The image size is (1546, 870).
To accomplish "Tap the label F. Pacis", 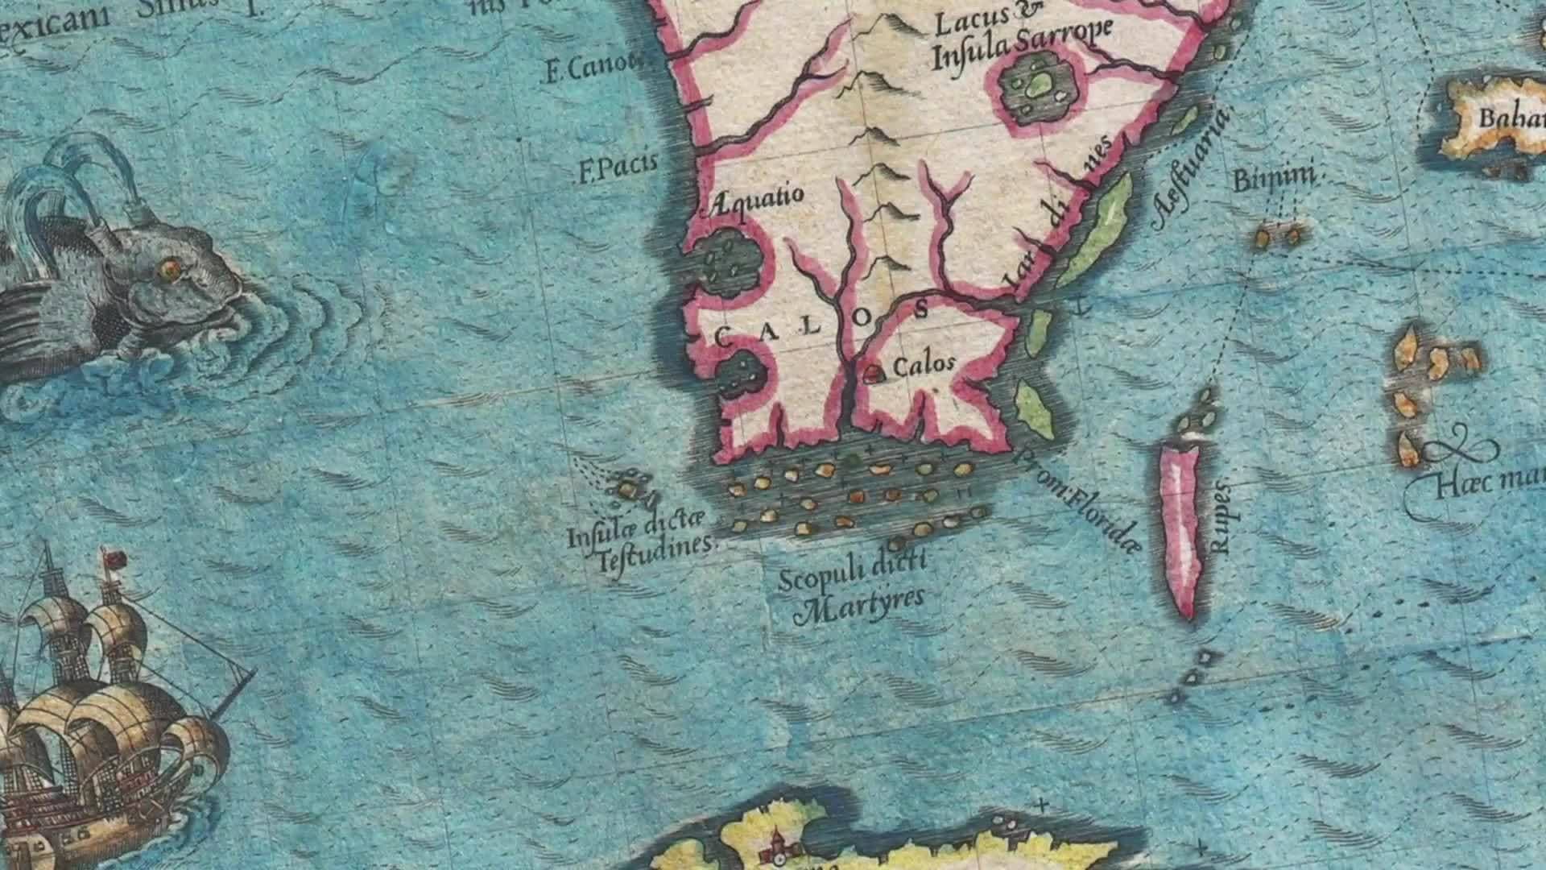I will (618, 167).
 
